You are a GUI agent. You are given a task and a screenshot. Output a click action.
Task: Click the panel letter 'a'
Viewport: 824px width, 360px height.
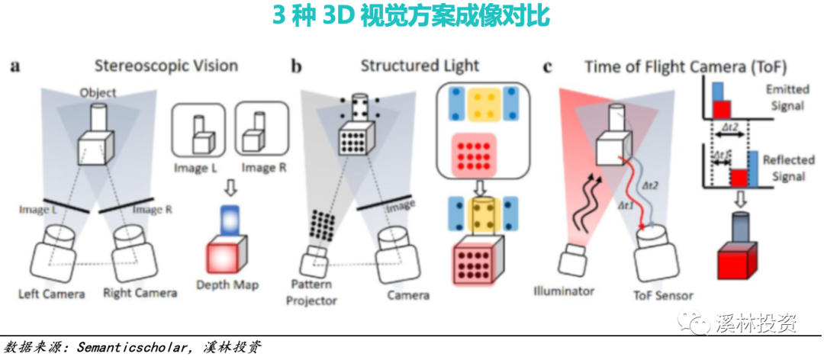[x=14, y=66]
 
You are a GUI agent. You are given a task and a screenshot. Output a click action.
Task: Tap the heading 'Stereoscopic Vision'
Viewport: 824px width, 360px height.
[x=166, y=65]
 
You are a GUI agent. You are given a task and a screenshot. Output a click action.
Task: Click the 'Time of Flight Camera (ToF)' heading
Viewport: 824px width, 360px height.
[x=685, y=66]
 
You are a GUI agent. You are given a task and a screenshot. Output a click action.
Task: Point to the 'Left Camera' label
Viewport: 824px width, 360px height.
[x=51, y=293]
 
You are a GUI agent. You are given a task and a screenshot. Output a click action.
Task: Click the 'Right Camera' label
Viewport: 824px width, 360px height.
[x=140, y=292]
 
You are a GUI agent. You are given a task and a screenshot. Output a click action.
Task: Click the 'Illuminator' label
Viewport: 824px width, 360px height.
[x=565, y=291]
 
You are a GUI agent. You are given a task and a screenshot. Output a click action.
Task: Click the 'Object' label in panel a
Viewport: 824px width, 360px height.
[x=98, y=93]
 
